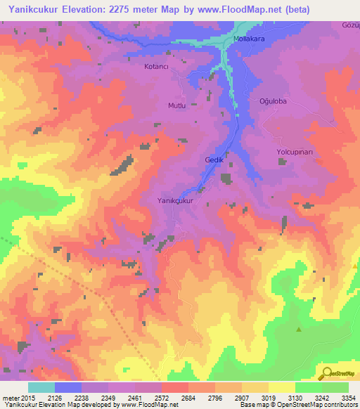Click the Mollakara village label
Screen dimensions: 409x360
249,39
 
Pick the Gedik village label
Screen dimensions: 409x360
214,160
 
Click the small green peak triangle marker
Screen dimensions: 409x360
299,329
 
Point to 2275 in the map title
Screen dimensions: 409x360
132,9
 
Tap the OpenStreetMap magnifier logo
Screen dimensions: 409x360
326,372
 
